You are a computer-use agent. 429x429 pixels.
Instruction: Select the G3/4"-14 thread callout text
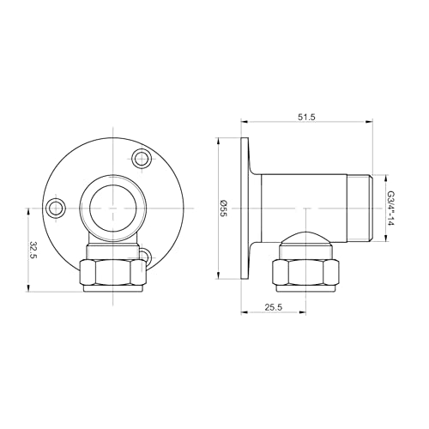coord(390,208)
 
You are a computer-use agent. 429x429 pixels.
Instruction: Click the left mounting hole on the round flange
coord(57,207)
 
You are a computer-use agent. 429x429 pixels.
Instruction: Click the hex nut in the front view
coord(109,274)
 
